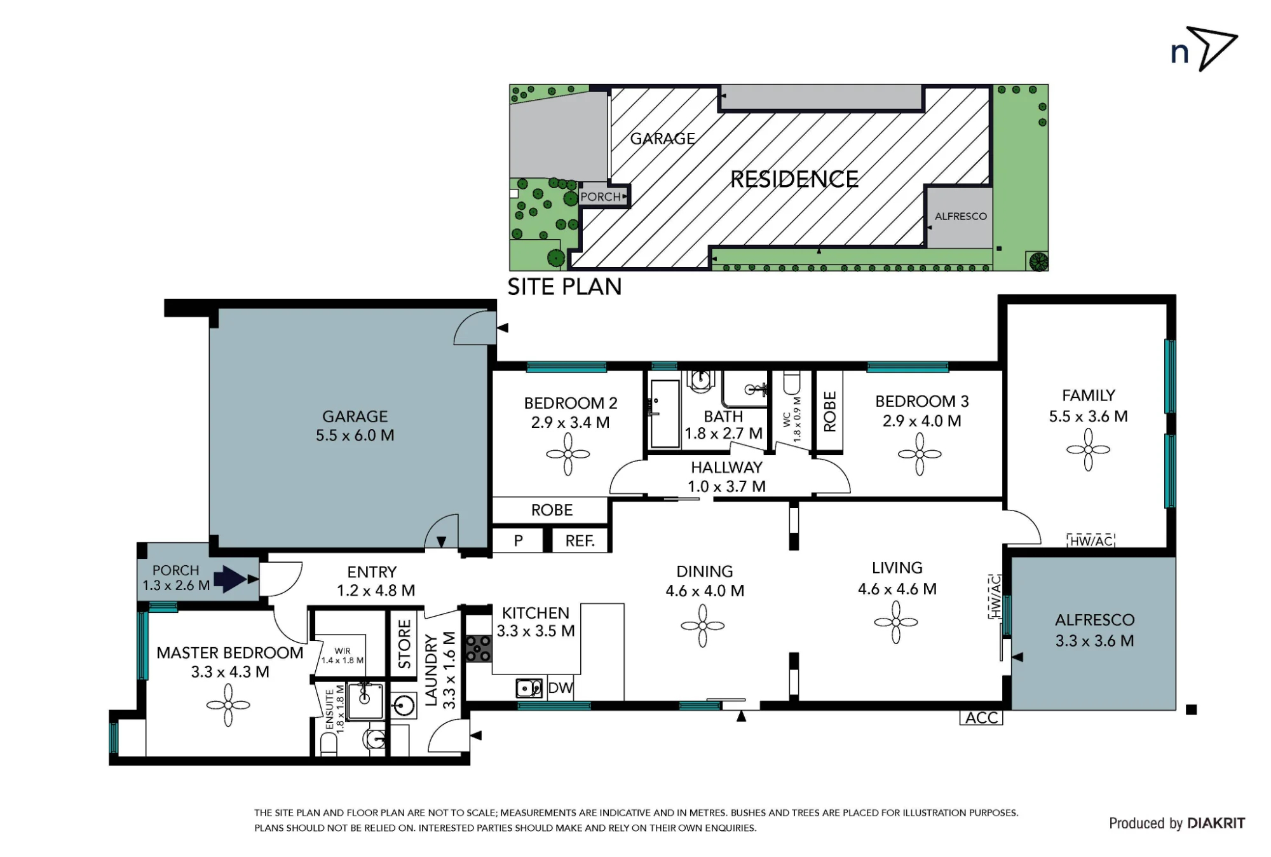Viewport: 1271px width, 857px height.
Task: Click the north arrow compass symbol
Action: click(x=1211, y=48)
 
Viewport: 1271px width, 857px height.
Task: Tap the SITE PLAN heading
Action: click(x=564, y=287)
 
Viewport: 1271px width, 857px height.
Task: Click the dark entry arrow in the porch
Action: click(x=230, y=579)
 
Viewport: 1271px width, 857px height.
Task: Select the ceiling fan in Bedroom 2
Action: click(x=568, y=454)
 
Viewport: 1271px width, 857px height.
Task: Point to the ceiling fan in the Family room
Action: click(x=1088, y=449)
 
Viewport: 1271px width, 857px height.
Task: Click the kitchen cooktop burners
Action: click(x=479, y=648)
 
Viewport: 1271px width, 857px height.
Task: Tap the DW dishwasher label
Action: click(x=561, y=688)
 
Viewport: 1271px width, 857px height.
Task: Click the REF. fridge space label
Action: click(x=580, y=541)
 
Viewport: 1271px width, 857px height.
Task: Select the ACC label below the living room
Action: click(x=981, y=718)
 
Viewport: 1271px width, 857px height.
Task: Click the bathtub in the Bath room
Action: click(x=665, y=414)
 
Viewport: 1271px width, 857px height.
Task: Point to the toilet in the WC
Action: click(x=792, y=383)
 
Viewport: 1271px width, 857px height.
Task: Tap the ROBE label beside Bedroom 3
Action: click(x=830, y=411)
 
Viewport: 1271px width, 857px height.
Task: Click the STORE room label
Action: click(x=404, y=645)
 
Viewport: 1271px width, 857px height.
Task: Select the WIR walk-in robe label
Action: click(x=343, y=651)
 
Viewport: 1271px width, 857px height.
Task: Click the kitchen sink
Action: click(x=529, y=688)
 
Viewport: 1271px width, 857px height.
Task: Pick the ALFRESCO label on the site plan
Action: click(x=961, y=216)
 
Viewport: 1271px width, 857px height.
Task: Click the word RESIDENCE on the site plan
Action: click(x=794, y=179)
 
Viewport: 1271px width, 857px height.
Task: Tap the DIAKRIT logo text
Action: click(x=1216, y=823)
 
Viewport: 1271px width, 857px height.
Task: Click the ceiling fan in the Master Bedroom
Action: click(x=228, y=705)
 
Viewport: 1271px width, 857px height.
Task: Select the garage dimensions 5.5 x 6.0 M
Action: click(x=355, y=435)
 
